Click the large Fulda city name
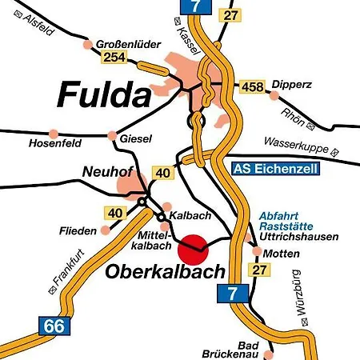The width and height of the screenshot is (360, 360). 104,96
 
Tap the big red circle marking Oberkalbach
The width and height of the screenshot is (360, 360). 193,249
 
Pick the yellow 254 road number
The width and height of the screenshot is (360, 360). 112,58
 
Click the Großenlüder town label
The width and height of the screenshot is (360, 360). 124,42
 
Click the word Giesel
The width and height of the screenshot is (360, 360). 135,139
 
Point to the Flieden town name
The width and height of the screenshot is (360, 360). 77,231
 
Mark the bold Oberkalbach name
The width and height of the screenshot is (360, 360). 153,272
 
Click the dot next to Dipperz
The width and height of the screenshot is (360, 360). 274,94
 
